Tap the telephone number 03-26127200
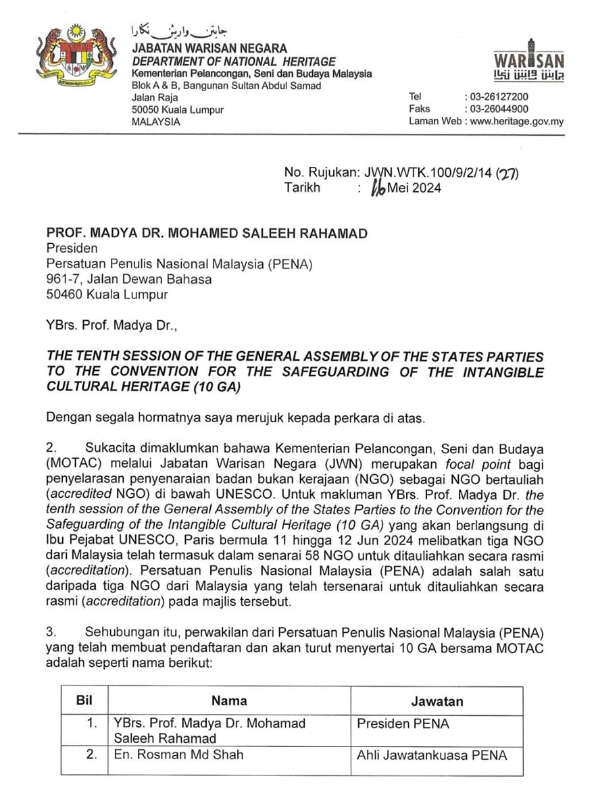coord(497,97)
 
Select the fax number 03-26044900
coord(497,109)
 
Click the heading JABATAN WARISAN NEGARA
coord(209,49)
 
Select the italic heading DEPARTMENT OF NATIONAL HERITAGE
coord(234,61)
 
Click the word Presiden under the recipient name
coord(71,249)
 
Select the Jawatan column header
coord(437,701)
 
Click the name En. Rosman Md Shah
coord(178,754)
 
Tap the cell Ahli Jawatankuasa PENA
coord(431,755)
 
